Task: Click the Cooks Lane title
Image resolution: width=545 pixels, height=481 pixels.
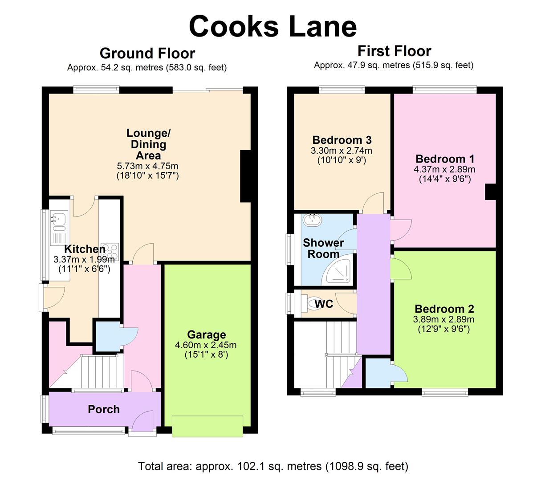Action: [272, 26]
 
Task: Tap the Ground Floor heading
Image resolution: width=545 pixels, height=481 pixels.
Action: [147, 53]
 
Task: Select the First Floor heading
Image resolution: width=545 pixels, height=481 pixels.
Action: [394, 51]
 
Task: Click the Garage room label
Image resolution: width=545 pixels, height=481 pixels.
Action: [206, 334]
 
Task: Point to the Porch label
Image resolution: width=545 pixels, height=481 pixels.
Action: [104, 409]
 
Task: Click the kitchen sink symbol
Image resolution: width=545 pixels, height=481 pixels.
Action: [58, 219]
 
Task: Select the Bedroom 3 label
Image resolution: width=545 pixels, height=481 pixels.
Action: [342, 140]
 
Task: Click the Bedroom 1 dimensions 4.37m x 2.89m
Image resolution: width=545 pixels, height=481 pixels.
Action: [445, 169]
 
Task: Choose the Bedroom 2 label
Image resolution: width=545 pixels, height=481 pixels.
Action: [444, 309]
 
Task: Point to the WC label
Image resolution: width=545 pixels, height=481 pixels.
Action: [324, 304]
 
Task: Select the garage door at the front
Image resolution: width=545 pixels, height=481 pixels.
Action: [208, 426]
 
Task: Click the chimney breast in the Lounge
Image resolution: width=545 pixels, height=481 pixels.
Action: [245, 176]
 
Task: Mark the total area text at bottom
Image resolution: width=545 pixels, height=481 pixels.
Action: [272, 466]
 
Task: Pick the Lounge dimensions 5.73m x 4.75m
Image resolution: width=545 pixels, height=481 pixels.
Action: [147, 166]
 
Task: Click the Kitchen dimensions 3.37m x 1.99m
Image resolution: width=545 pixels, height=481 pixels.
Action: [84, 259]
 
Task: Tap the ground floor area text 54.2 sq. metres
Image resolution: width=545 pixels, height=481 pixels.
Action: [147, 68]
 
